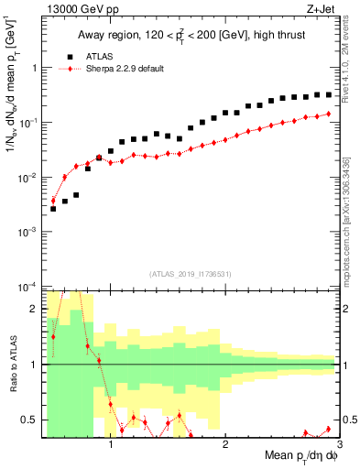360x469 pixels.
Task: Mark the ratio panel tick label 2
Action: click(x=33, y=309)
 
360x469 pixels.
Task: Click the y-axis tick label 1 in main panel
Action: click(x=34, y=68)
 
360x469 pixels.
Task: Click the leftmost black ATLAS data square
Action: click(x=53, y=209)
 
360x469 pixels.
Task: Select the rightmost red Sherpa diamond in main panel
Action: click(x=329, y=114)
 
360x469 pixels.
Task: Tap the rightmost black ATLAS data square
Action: click(x=329, y=94)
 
